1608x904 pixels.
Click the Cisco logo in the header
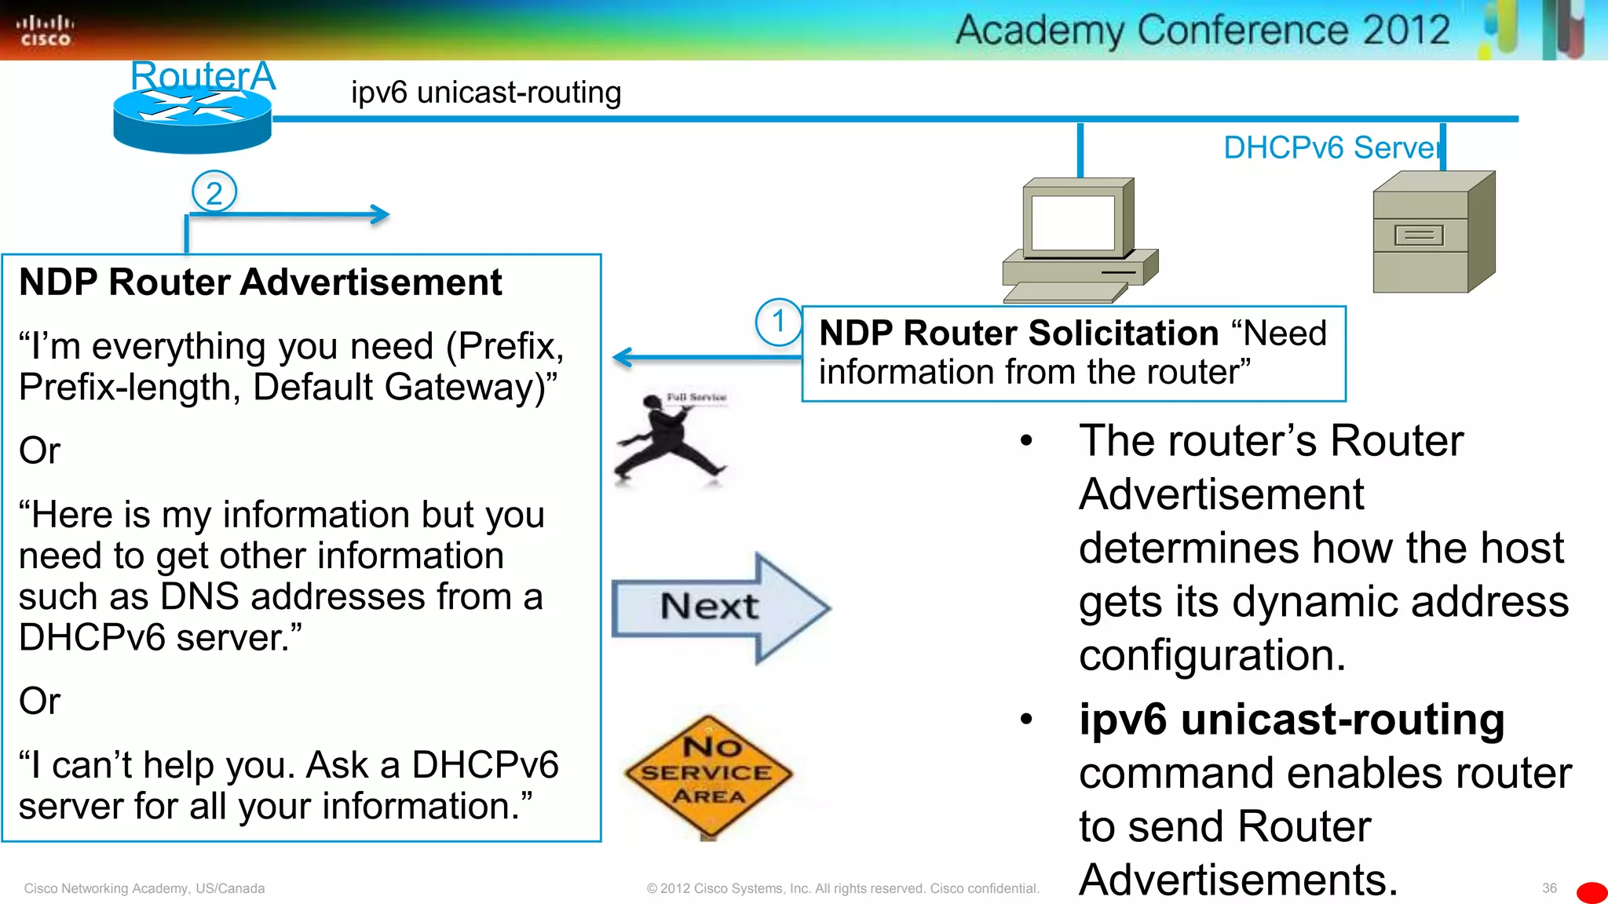45,31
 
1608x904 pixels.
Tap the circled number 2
214,192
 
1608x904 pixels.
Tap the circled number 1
778,322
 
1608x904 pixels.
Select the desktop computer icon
1080,239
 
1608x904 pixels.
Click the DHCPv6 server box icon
1433,233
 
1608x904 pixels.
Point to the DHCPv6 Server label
1332,148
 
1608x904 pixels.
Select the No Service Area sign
709,774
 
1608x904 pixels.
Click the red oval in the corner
1592,893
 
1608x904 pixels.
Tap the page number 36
1548,888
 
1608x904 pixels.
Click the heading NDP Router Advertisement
260,282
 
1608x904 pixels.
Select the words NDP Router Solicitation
1018,334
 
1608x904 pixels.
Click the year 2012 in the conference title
1405,31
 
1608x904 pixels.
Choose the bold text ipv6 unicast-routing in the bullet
1292,720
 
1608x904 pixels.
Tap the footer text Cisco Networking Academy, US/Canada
144,888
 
